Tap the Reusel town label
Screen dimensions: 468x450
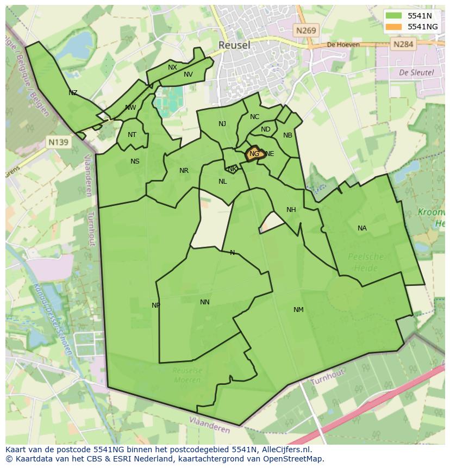point(234,45)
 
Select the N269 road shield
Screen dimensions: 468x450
point(306,31)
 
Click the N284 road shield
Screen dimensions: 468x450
point(403,44)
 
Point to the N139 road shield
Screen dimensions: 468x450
point(58,142)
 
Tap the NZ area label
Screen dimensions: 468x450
point(73,93)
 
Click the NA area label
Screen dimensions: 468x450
point(362,228)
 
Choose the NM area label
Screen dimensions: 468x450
point(298,310)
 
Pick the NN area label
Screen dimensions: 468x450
point(205,302)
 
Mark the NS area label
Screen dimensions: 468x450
point(135,161)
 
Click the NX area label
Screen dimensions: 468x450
point(172,67)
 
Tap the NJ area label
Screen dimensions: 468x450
point(222,124)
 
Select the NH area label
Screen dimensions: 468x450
point(291,210)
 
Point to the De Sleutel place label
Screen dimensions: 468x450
point(416,72)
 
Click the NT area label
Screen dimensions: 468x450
point(132,135)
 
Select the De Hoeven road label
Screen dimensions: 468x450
point(343,45)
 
